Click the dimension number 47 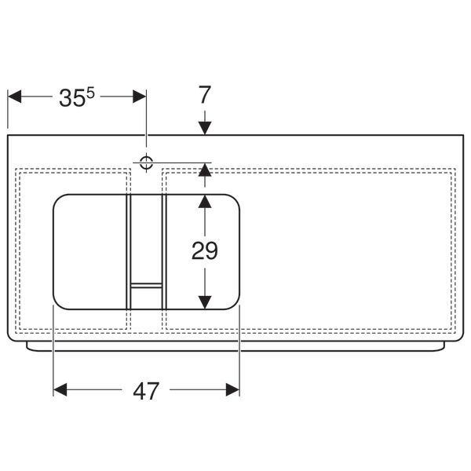pos(146,390)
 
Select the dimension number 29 pos(204,250)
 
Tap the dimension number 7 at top pos(204,95)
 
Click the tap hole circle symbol pos(146,162)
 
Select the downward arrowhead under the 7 pos(204,127)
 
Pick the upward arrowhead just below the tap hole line pos(204,169)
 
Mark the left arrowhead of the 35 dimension pos(14,97)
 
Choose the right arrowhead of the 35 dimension pos(140,97)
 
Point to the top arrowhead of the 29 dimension pos(204,201)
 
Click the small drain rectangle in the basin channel pos(146,285)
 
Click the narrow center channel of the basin pos(146,235)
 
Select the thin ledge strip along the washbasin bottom pos(235,346)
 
